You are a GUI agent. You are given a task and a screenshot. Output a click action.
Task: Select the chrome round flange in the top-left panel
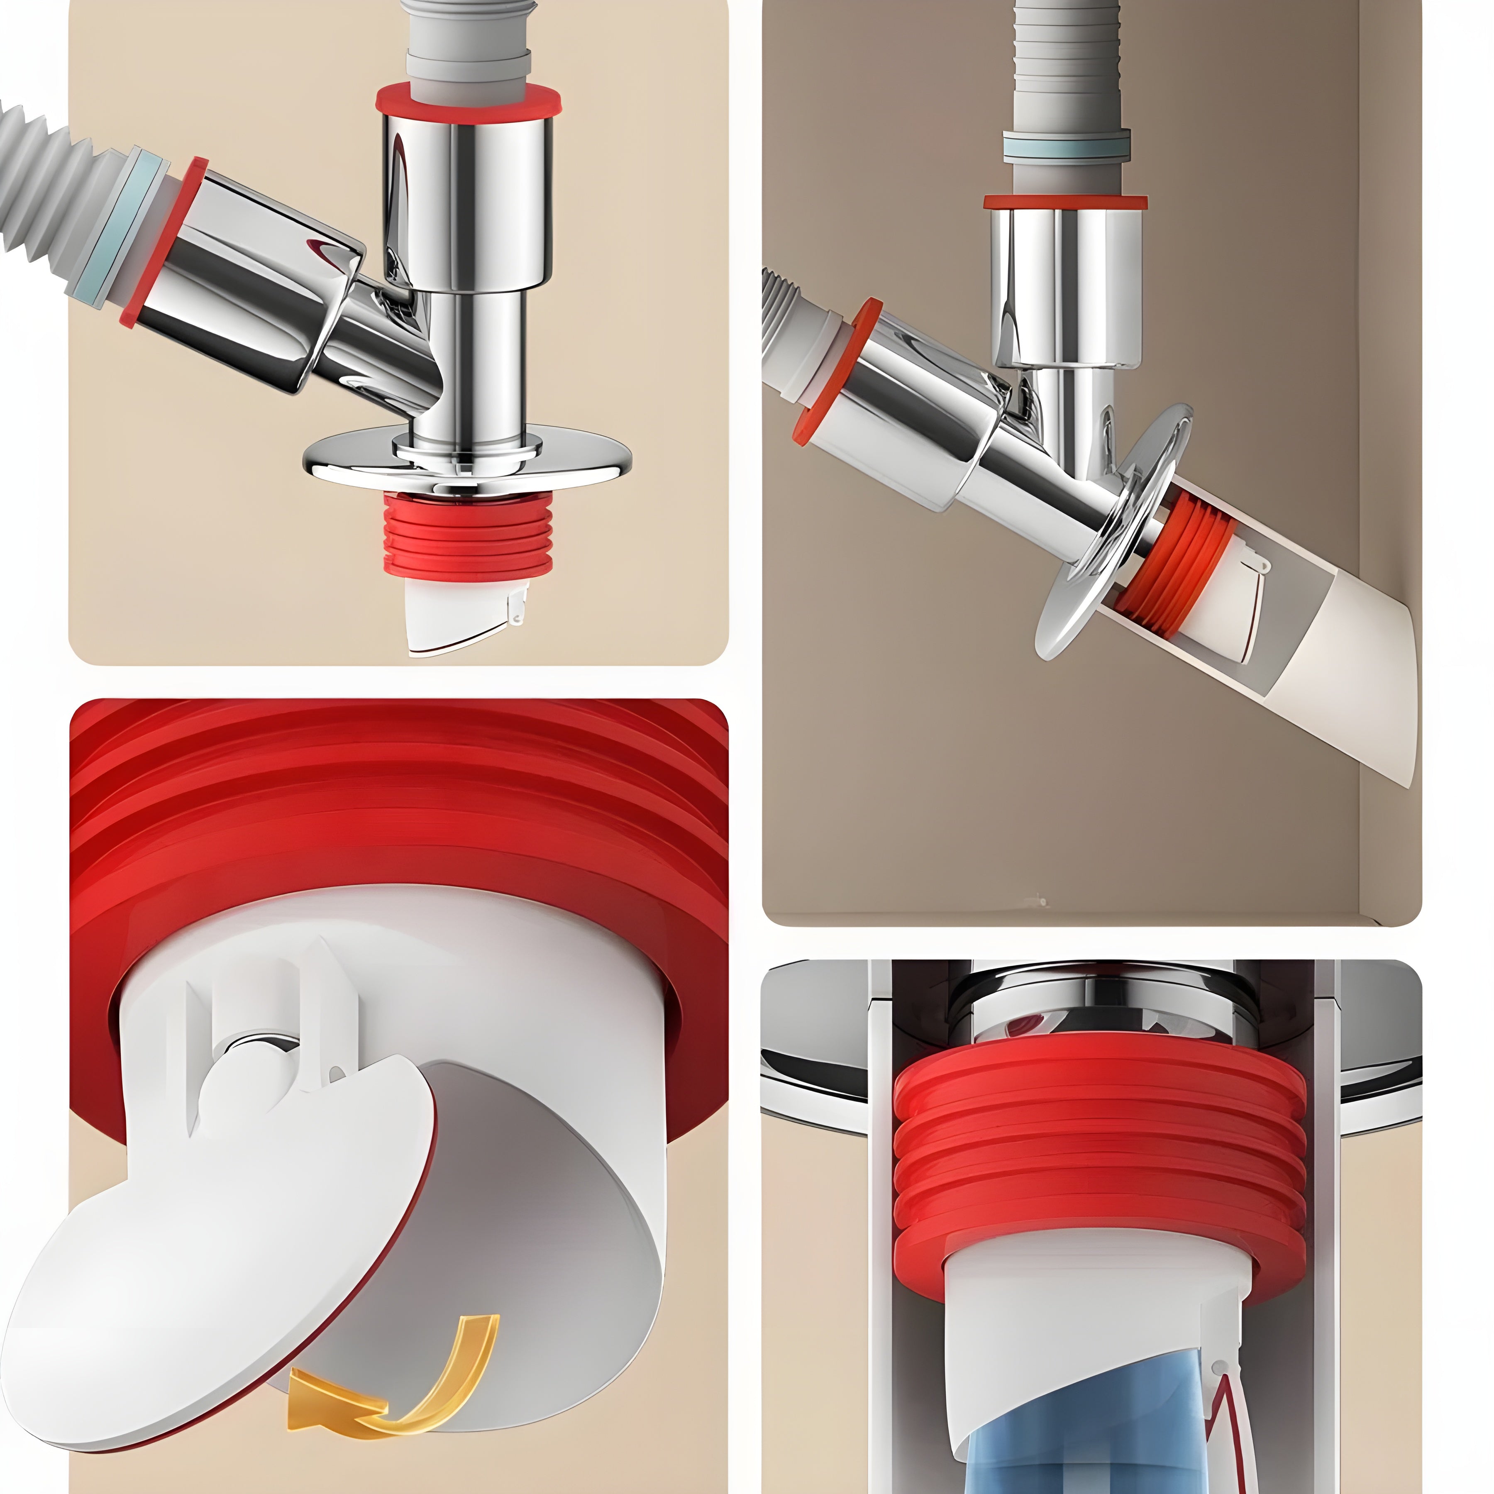[466, 461]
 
